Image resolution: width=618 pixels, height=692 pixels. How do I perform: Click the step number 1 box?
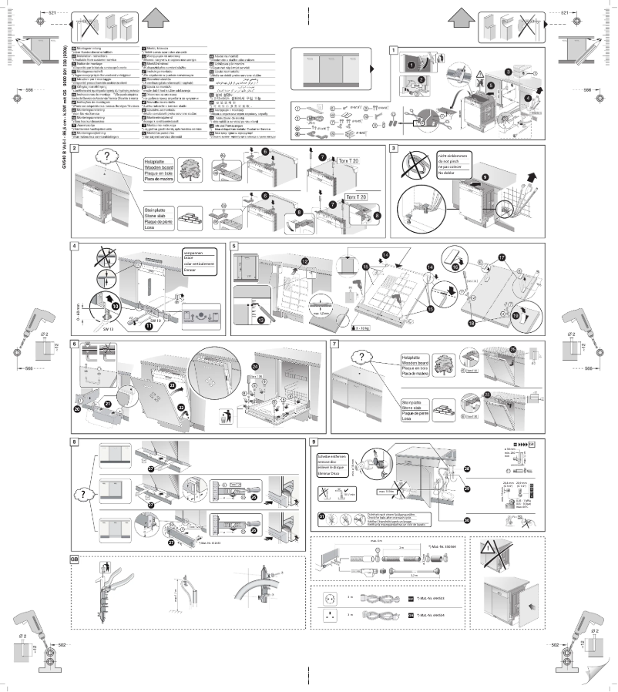[394, 52]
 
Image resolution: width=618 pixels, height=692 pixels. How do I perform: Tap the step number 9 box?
[313, 442]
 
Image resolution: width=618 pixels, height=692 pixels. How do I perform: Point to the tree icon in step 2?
[190, 169]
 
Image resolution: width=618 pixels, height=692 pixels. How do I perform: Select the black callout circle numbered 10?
[116, 305]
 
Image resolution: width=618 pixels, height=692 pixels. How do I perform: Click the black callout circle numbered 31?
[321, 516]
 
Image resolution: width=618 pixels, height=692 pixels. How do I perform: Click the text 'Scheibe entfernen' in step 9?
[332, 456]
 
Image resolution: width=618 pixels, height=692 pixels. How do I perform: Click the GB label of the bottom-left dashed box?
[75, 558]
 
